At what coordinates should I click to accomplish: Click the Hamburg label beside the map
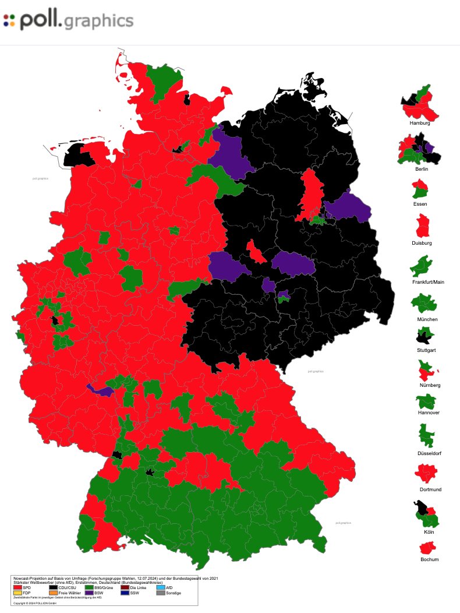click(x=419, y=124)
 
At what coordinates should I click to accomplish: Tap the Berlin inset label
click(x=422, y=169)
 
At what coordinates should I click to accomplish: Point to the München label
click(x=427, y=319)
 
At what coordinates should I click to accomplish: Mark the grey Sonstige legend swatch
click(x=161, y=593)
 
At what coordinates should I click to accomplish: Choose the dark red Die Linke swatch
click(x=125, y=587)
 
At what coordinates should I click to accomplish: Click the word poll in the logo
click(x=40, y=21)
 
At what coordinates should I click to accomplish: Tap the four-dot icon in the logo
click(x=9, y=21)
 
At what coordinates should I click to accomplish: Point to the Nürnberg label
click(x=429, y=385)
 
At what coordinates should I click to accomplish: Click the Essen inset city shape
click(x=420, y=188)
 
